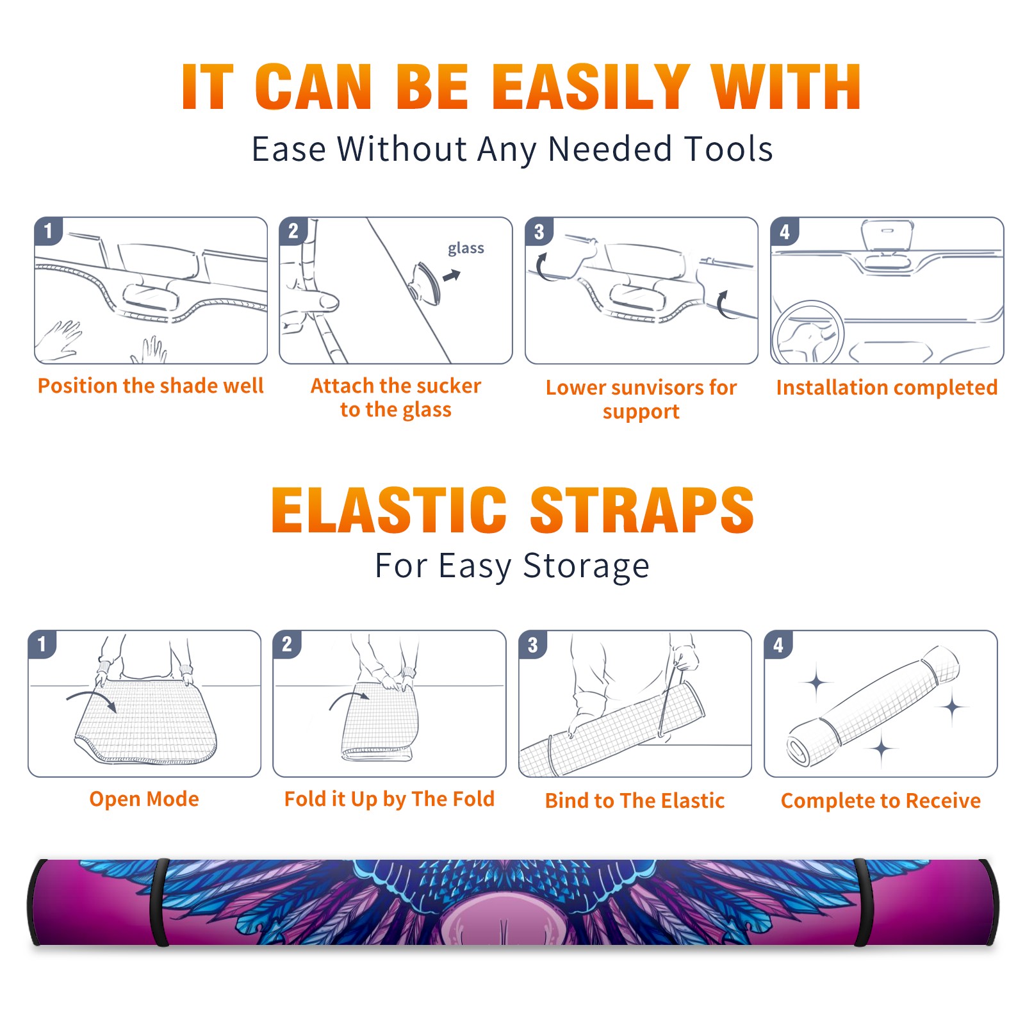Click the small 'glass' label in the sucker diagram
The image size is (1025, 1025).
click(466, 249)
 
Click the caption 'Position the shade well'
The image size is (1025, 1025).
click(151, 386)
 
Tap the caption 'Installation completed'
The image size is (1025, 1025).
click(887, 388)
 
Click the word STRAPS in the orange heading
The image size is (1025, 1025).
click(642, 510)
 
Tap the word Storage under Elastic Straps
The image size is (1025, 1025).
click(586, 566)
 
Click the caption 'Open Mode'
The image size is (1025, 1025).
click(144, 799)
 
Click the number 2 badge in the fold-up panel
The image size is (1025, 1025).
click(286, 644)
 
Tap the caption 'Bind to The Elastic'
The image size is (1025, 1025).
click(635, 801)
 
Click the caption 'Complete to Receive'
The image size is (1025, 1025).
click(881, 801)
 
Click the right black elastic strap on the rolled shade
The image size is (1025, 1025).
click(862, 902)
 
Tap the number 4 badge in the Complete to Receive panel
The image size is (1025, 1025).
click(778, 644)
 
